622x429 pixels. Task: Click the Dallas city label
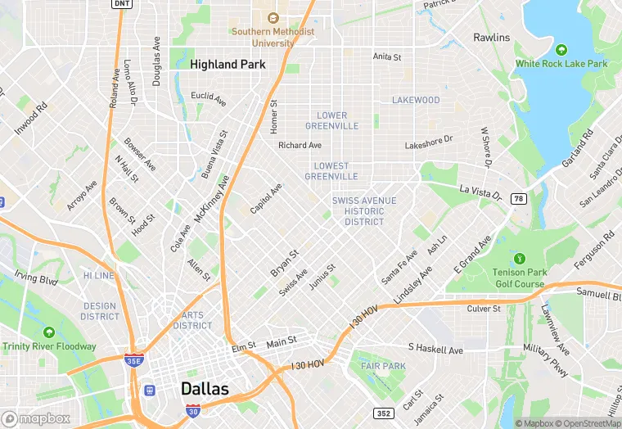click(x=205, y=388)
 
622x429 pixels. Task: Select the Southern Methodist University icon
click(x=273, y=17)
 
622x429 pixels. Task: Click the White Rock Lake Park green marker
click(x=561, y=49)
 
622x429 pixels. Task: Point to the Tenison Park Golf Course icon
click(x=518, y=258)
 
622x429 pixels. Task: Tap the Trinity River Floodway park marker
click(x=49, y=332)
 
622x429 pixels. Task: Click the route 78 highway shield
click(x=518, y=199)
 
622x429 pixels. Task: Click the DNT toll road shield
click(x=122, y=4)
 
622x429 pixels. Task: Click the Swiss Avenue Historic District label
click(x=364, y=211)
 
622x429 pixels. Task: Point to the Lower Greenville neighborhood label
click(x=331, y=121)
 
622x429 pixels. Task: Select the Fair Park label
click(x=383, y=365)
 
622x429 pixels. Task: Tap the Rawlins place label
click(x=491, y=38)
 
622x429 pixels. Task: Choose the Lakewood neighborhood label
click(x=416, y=101)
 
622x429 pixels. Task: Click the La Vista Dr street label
click(x=480, y=191)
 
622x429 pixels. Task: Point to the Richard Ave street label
click(x=300, y=146)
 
